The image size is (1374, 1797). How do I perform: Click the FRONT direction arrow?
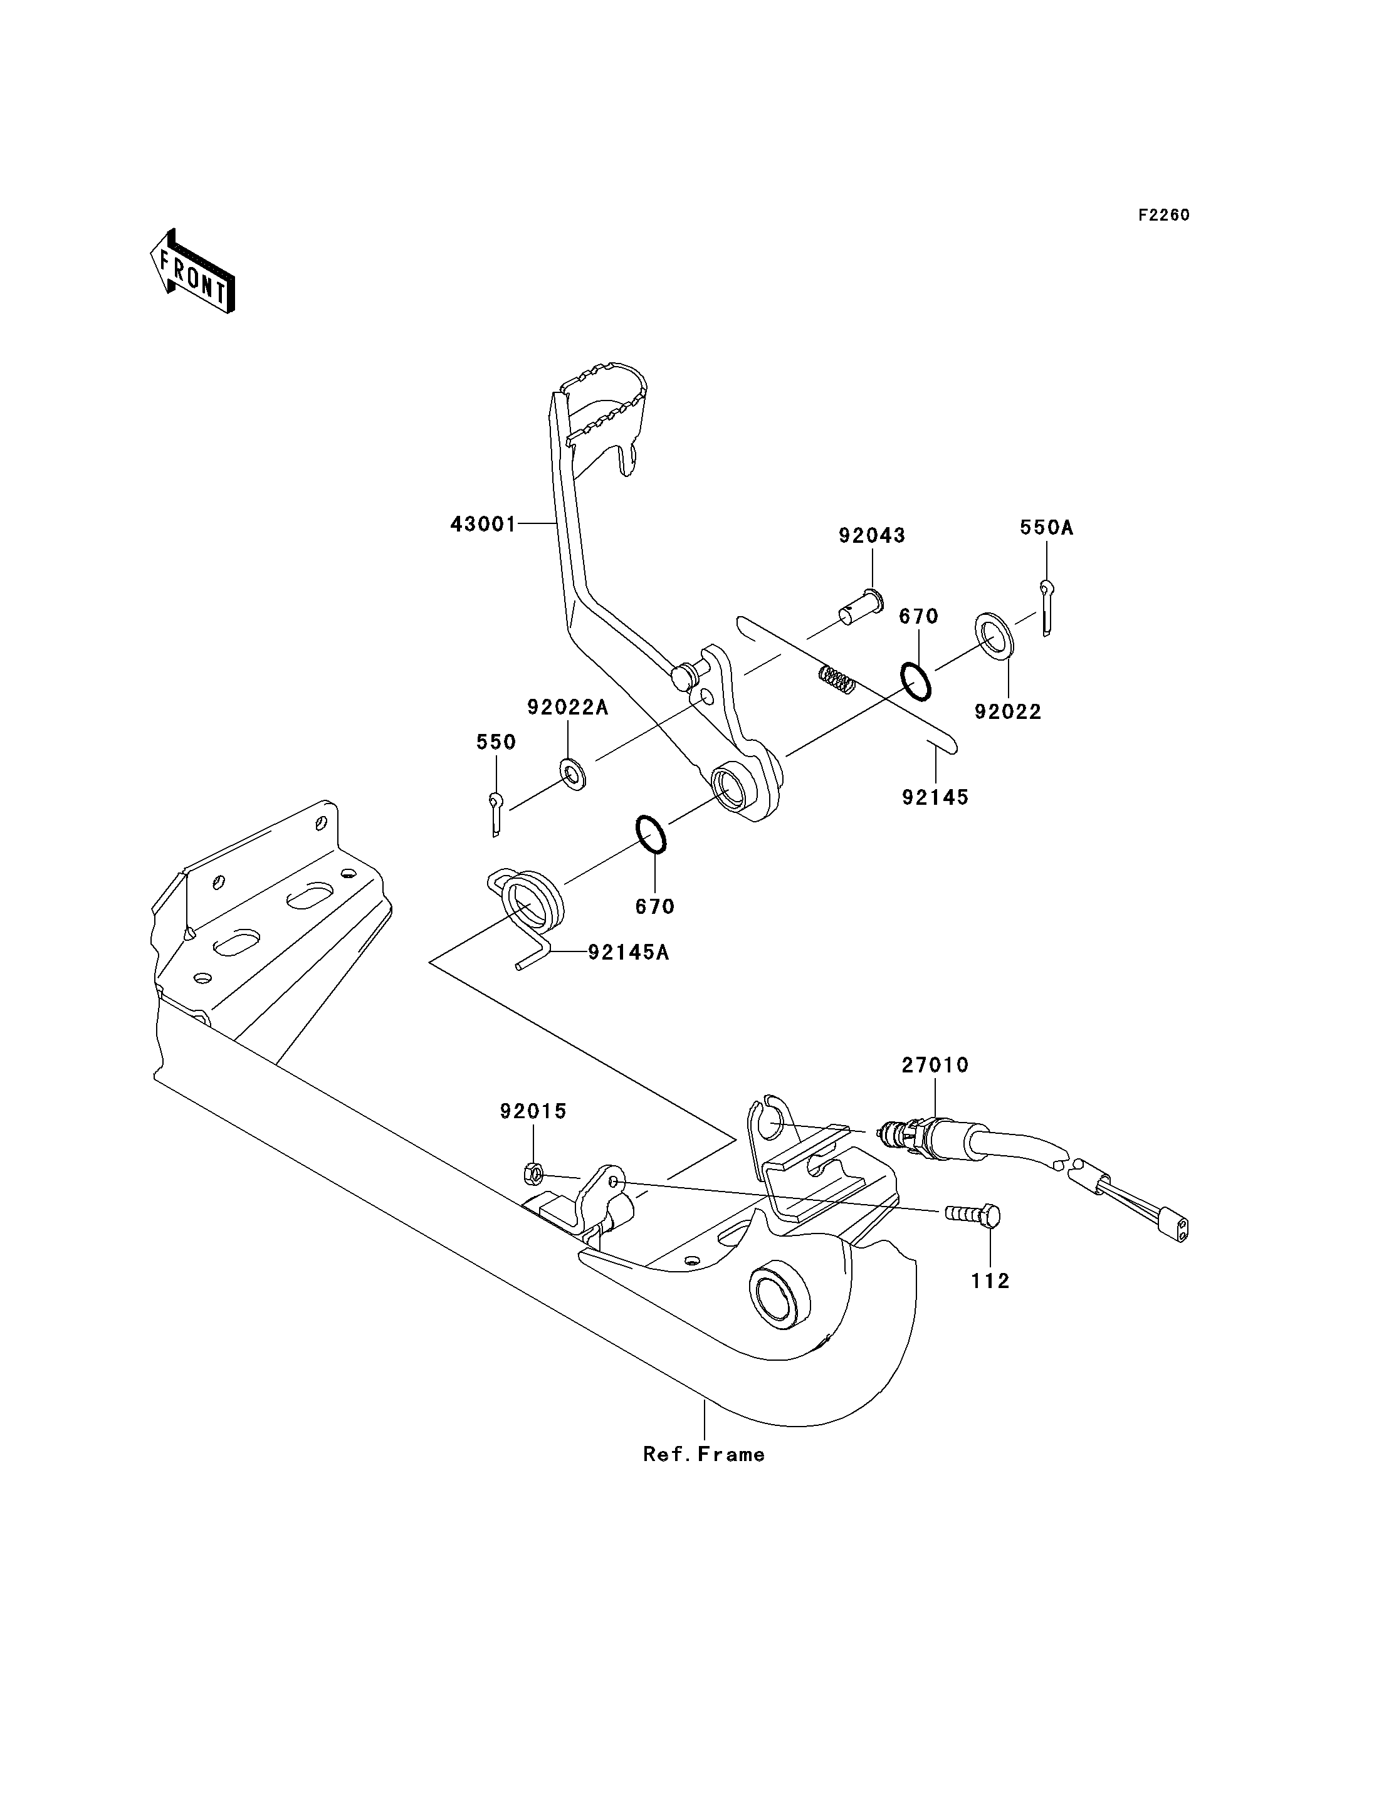pos(193,271)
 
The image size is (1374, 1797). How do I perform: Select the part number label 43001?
pos(483,524)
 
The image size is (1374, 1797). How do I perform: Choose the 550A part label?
pos(1046,528)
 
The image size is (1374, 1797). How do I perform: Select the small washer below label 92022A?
pos(572,773)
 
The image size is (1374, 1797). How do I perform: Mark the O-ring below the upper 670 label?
pos(915,681)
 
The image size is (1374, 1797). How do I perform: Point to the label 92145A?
pos(628,952)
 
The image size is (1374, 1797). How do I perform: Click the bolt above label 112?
pos(972,1215)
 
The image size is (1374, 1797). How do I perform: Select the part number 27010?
pos(935,1065)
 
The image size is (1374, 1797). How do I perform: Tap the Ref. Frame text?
pos(704,1454)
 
